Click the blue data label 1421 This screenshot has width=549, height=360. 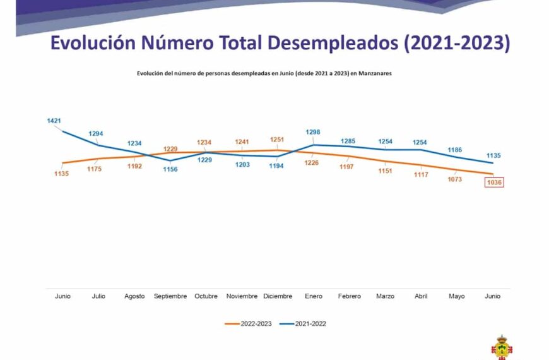click(54, 120)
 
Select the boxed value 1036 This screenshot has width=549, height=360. click(493, 183)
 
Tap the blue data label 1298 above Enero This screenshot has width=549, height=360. click(313, 132)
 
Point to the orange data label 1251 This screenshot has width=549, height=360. click(277, 139)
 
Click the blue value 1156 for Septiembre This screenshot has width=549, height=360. click(170, 169)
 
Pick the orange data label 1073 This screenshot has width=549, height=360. click(454, 179)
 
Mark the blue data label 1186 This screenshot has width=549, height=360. click(454, 150)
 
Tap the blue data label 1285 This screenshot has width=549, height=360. click(348, 141)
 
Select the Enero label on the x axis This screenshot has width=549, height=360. click(313, 296)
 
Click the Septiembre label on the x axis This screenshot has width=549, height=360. click(170, 296)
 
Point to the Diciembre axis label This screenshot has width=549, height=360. click(278, 296)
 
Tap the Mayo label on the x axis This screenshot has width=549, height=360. click(456, 296)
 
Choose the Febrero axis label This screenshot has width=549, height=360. click(349, 296)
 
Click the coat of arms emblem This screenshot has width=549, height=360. click(502, 347)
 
